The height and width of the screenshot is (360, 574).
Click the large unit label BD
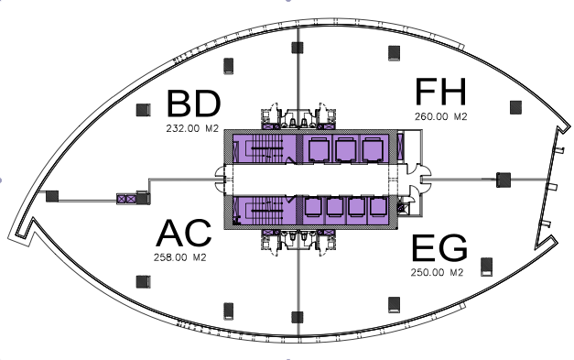pos(194,104)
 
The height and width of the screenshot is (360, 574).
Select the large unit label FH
pos(440,92)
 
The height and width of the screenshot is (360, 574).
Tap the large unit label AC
pos(184,233)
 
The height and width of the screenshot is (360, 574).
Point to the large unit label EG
pos(439,248)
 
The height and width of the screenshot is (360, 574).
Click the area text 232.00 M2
pos(192,128)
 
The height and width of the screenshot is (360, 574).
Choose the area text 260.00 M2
pos(440,116)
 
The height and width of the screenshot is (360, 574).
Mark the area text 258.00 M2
pos(179,257)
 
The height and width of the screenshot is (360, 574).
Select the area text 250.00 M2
pos(437,272)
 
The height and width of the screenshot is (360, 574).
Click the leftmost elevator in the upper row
pos(318,148)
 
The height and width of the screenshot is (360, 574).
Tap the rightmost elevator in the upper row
pos(373,148)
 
